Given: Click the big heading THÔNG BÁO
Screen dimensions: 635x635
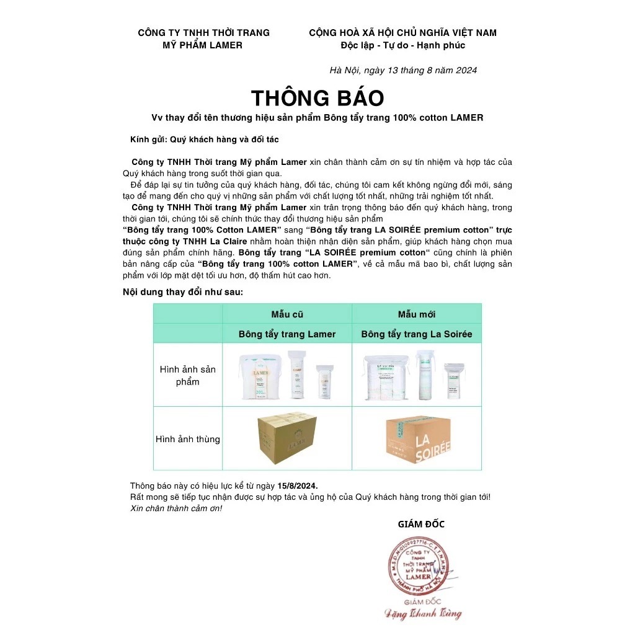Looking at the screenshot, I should coord(317,98).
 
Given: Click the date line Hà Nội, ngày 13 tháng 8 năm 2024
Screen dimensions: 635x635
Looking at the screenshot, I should coord(403,70).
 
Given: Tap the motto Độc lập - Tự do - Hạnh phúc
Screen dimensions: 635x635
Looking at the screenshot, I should coord(402,45).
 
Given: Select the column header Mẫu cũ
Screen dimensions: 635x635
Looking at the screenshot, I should coord(287,314).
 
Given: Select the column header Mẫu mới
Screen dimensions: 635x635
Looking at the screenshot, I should coord(416,314).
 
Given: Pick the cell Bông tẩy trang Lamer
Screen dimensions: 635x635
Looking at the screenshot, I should coord(287,334).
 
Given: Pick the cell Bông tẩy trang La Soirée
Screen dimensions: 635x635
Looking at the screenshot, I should coord(416,334).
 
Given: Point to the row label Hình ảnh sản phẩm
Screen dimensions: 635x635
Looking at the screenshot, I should coord(187,375).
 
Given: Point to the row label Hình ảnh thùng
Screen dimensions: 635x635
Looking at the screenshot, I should coord(187,439).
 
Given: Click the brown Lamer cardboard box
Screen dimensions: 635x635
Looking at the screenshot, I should coord(287,438).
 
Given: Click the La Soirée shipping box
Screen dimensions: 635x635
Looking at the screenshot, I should coord(417,438).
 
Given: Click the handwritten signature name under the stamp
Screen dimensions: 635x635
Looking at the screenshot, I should coord(421,614).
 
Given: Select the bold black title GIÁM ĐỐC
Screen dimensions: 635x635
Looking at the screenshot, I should coord(421,524).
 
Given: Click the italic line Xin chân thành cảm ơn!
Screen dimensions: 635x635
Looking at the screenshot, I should coord(176,508).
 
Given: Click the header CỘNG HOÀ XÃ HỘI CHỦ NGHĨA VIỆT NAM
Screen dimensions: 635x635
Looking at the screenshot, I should coord(402,33).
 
